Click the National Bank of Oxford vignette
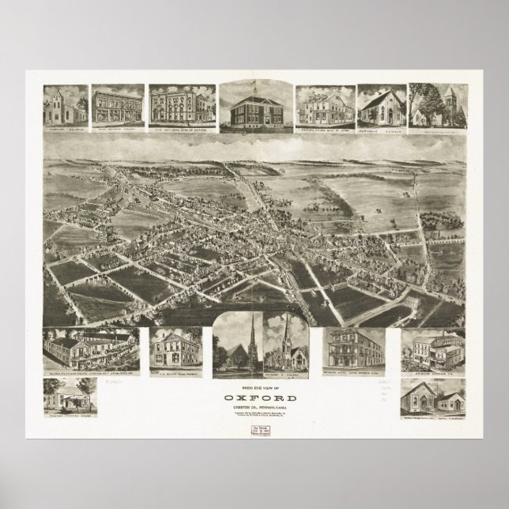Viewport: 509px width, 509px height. (x=180, y=104)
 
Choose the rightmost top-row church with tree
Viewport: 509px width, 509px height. (x=435, y=104)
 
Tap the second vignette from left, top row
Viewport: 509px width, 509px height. (x=119, y=104)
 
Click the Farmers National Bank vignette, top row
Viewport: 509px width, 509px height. (x=324, y=104)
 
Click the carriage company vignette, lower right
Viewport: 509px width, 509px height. (x=432, y=348)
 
